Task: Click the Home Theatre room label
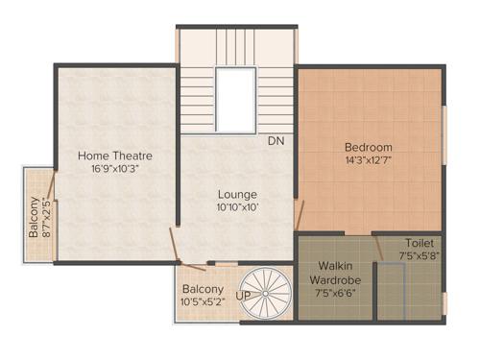[115, 156]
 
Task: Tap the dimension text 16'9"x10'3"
[115, 169]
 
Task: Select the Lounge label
[236, 192]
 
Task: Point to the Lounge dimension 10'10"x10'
[236, 206]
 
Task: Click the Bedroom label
[369, 147]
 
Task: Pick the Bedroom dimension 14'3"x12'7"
[369, 160]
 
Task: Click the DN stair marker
[276, 141]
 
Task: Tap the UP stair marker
[244, 296]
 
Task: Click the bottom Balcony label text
[203, 289]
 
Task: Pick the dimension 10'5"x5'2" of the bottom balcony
[203, 302]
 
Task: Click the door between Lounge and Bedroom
[300, 213]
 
